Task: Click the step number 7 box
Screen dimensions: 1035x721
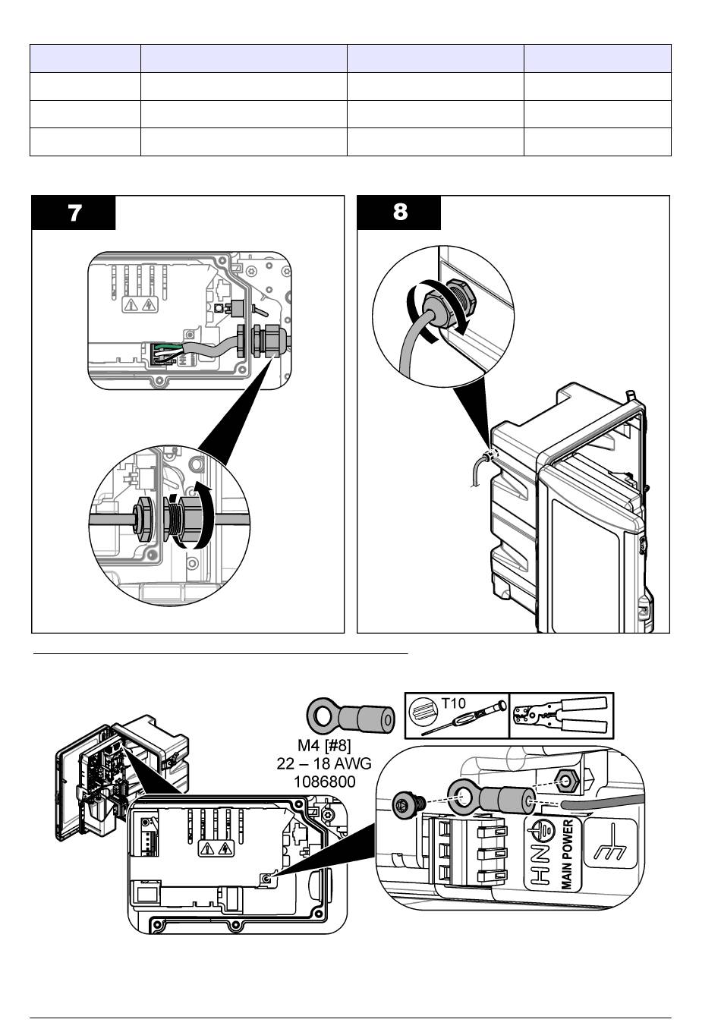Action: (x=74, y=213)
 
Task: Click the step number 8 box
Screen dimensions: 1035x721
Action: (x=399, y=212)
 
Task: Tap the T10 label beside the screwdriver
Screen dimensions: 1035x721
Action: (x=453, y=704)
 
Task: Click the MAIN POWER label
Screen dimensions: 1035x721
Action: (x=566, y=854)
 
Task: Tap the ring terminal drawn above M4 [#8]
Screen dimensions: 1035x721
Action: (x=351, y=716)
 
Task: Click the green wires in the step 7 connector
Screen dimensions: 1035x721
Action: (x=165, y=351)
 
